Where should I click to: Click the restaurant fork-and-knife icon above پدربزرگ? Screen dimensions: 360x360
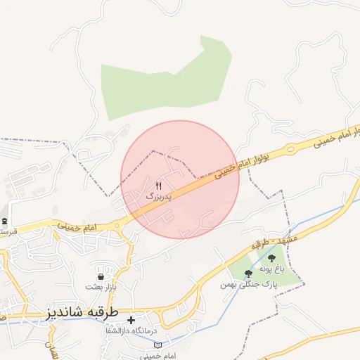(x=158, y=186)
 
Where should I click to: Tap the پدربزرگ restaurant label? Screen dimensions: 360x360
(x=159, y=197)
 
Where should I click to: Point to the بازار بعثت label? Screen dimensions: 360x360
(x=99, y=287)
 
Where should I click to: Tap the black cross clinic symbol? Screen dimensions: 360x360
(x=131, y=320)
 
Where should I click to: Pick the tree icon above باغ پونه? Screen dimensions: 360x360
(x=272, y=259)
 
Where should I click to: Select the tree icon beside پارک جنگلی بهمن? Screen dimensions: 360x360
(x=248, y=273)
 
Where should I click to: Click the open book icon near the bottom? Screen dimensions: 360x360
(x=157, y=345)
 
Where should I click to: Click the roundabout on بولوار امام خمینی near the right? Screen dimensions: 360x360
(x=288, y=149)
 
